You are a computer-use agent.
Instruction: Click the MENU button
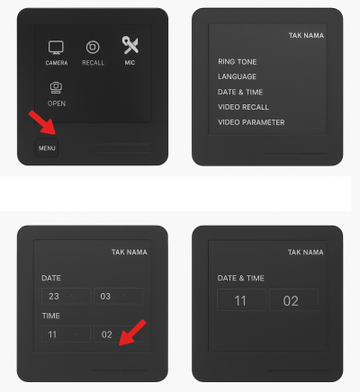coord(47,147)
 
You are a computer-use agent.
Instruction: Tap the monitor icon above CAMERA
coord(56,48)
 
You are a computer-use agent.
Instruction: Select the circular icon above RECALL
coord(93,47)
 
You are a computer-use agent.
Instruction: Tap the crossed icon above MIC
coord(130,45)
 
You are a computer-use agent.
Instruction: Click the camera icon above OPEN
coord(56,87)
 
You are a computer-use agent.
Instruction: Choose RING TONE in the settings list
coord(238,62)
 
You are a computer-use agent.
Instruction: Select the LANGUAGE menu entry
coord(237,76)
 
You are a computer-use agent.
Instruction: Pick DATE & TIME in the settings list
coord(240,92)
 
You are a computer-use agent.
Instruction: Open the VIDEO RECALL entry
coord(243,107)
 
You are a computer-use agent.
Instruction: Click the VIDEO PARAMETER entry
coord(251,122)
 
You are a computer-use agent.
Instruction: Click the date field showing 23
coord(66,296)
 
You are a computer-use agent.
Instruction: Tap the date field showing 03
coord(118,296)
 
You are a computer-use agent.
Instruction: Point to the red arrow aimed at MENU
coord(42,123)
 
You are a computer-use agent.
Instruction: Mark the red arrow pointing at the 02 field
coord(132,333)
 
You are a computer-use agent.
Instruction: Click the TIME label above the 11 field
coord(51,316)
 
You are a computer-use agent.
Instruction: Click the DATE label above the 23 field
coord(51,278)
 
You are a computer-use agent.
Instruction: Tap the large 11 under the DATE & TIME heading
coord(241,300)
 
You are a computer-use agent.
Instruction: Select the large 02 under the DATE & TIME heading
coord(293,300)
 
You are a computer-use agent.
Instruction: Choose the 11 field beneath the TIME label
coord(66,334)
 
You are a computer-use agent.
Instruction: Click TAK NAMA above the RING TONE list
coord(306,35)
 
